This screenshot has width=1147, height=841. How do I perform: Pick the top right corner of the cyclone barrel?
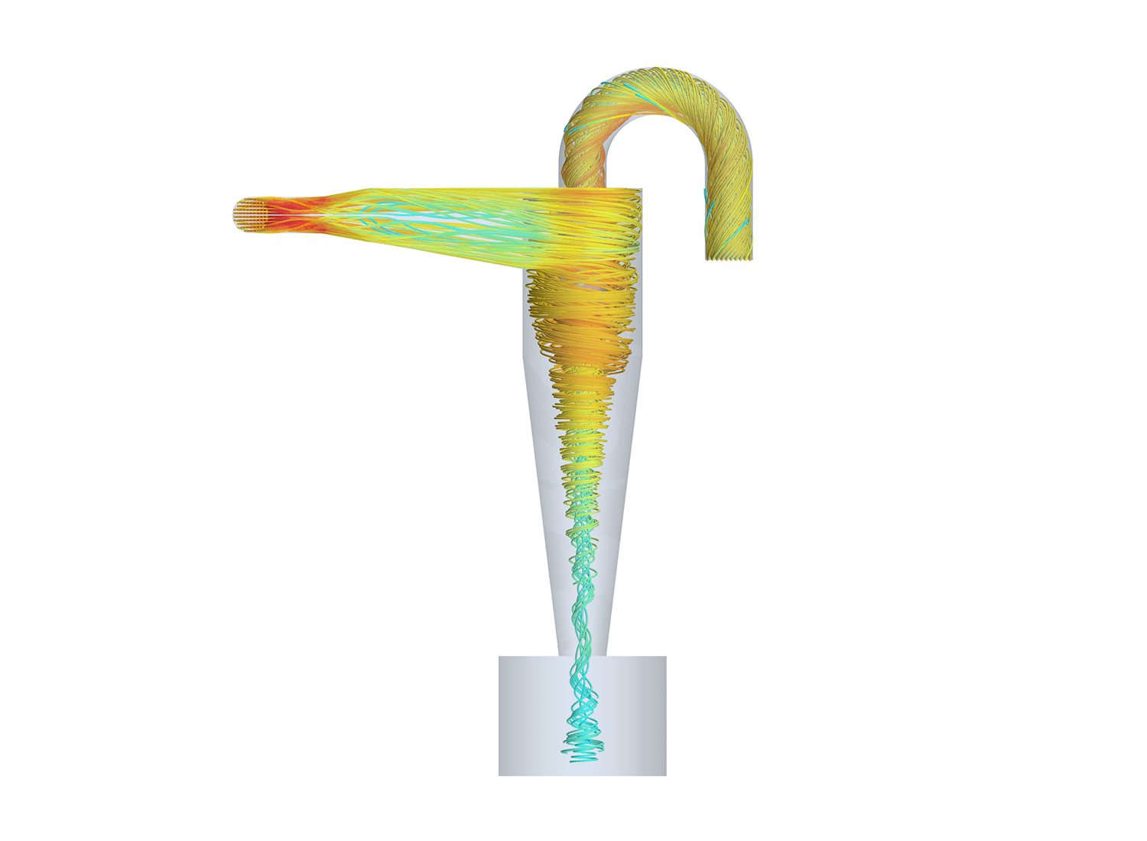click(x=641, y=190)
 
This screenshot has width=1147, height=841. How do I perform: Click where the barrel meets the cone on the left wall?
click(x=524, y=356)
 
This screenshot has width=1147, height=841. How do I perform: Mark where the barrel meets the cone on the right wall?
click(x=641, y=356)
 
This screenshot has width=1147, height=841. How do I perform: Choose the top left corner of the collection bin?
click(x=499, y=657)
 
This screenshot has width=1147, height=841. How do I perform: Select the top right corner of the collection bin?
click(x=665, y=657)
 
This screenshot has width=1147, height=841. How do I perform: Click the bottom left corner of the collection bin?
click(x=499, y=774)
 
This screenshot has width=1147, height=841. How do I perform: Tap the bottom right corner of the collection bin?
click(x=665, y=774)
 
